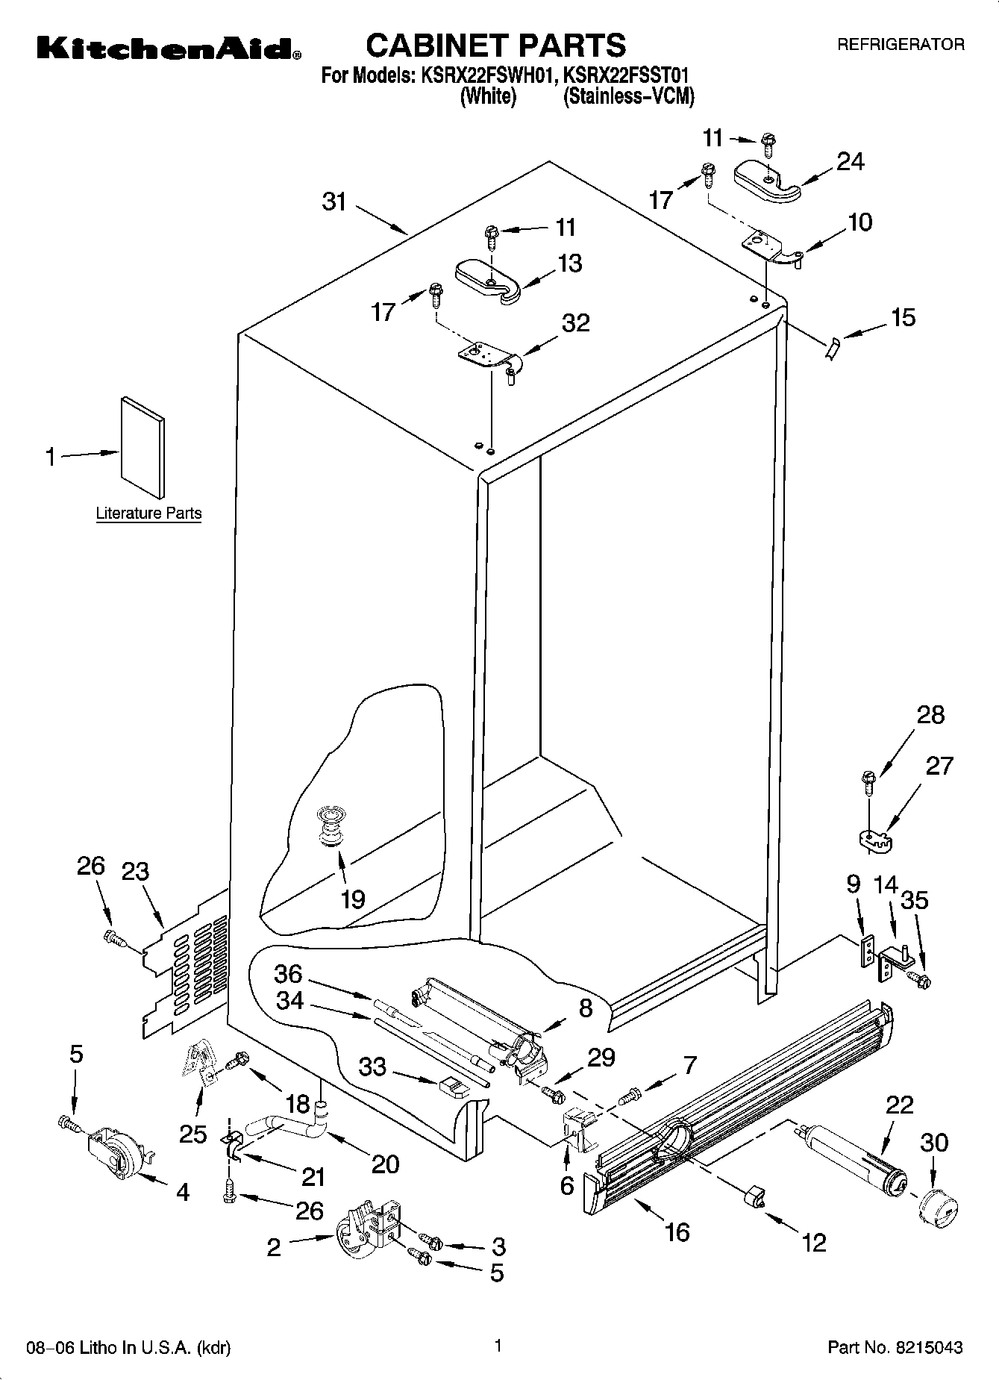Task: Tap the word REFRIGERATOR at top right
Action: [901, 45]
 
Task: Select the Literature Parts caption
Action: [148, 513]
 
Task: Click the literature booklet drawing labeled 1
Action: [143, 446]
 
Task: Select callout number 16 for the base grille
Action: [677, 1232]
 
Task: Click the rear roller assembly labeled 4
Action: [119, 1152]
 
